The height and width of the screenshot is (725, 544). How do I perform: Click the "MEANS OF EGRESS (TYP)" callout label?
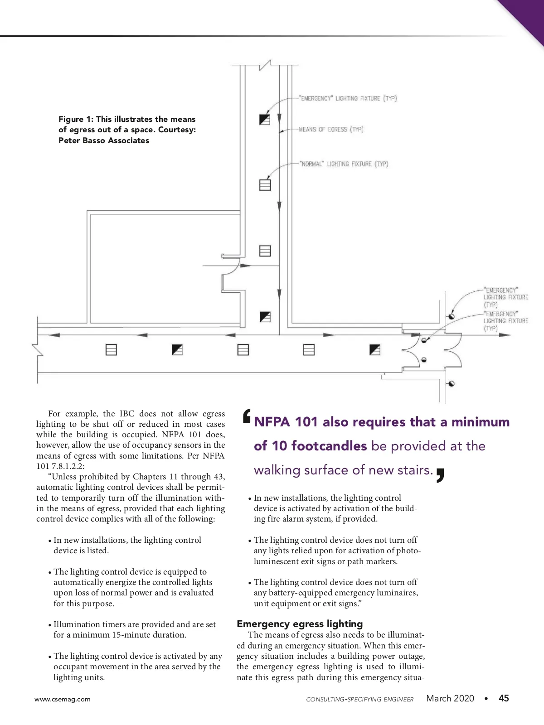tap(331, 130)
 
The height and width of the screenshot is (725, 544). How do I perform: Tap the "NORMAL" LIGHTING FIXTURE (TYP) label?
tap(344, 164)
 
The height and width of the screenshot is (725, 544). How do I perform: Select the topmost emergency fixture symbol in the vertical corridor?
tap(265, 119)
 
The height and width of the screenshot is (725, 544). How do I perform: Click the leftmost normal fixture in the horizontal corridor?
tap(112, 349)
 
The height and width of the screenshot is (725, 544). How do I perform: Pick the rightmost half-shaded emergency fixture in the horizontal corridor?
tap(375, 349)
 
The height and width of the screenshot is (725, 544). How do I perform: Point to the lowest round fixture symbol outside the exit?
tap(452, 383)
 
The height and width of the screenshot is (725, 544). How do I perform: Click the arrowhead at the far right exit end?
tap(505, 335)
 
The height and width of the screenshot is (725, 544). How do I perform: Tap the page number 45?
tap(504, 698)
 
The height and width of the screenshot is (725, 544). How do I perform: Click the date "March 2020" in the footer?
tap(450, 698)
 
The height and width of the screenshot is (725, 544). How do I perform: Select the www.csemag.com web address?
tap(63, 699)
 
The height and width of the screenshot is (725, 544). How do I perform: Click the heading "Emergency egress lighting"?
tap(300, 623)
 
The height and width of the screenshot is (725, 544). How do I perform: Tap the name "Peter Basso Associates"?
tap(104, 140)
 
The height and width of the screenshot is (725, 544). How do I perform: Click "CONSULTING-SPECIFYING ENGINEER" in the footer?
tap(359, 699)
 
